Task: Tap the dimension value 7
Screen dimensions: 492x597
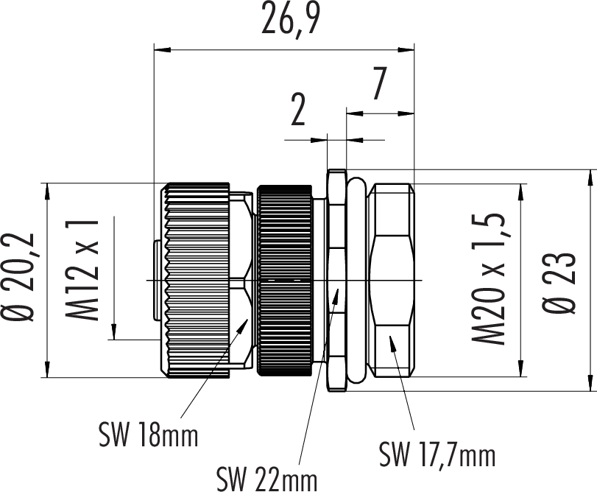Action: tap(378, 85)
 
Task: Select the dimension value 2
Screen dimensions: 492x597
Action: tap(298, 111)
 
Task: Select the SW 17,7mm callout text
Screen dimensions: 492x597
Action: tap(437, 454)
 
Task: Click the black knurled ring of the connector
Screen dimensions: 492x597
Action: tap(284, 280)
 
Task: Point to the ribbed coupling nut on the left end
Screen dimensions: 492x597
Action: tap(197, 280)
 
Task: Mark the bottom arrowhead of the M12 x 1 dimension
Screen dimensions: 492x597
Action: tap(115, 333)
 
